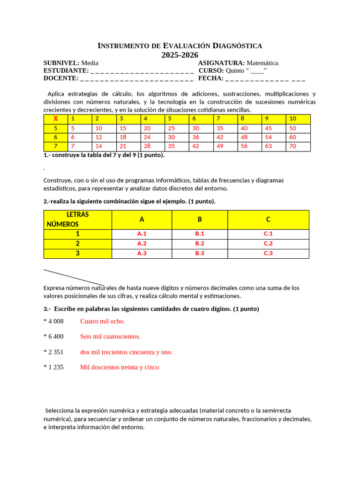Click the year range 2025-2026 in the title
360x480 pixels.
[180, 55]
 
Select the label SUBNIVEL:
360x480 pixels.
[61, 63]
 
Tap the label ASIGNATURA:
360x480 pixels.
[221, 63]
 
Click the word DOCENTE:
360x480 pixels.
[61, 78]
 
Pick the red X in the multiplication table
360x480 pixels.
[55, 119]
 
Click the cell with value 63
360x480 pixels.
[269, 146]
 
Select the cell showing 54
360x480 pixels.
[269, 137]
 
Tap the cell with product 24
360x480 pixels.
[147, 137]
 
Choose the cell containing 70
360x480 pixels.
[293, 146]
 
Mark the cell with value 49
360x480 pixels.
[220, 146]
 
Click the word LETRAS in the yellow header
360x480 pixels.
[78, 215]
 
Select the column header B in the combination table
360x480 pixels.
[199, 219]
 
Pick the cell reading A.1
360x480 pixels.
[142, 233]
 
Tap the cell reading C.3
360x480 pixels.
[268, 253]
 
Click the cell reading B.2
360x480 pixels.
[200, 243]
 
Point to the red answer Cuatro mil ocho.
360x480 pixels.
[103, 321]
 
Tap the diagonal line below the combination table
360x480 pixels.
[74, 277]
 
